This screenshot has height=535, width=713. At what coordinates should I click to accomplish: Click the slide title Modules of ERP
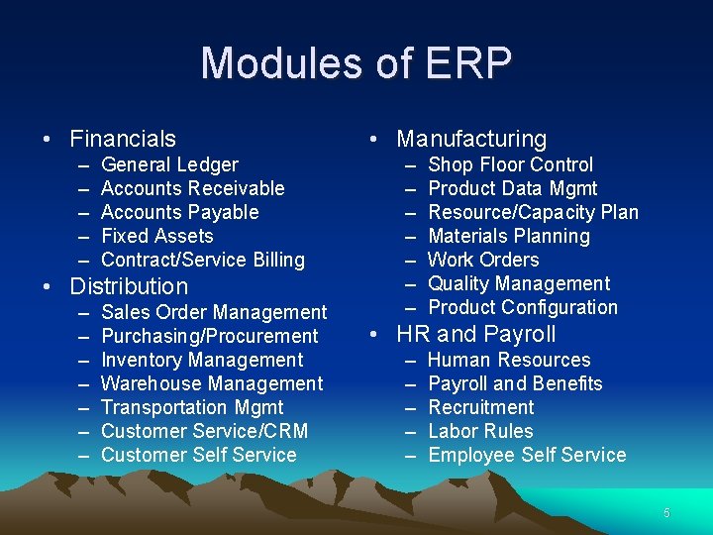coord(356,63)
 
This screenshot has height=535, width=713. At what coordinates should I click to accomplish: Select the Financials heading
coord(123,139)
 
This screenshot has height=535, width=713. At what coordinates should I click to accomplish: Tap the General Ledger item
coord(169,164)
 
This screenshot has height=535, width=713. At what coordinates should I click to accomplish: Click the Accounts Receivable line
coord(192,188)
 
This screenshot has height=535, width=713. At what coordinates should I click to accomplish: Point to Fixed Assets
coord(156,236)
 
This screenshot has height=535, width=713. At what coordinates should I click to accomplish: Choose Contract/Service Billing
coord(203,260)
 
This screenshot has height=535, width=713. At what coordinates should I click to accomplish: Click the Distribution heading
coord(128,286)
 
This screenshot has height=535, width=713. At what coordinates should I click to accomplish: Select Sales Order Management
coord(214,312)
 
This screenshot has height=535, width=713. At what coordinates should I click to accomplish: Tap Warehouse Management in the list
coord(212,383)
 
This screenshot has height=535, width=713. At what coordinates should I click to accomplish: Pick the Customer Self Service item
coord(198,455)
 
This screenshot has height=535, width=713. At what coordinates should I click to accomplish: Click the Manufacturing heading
coord(471,139)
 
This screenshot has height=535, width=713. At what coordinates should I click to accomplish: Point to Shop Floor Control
coord(510,164)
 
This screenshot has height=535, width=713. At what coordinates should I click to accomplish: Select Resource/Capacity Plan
coord(533,212)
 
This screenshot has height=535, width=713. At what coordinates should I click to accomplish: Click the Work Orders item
coord(483,260)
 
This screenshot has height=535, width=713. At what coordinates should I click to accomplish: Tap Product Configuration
coord(522,307)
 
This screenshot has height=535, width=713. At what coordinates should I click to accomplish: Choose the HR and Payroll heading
coord(476,334)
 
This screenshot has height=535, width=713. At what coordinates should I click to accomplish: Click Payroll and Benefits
coord(515,383)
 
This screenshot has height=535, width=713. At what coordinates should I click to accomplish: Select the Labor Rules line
coord(480,431)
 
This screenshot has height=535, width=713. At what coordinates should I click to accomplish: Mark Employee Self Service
coord(527,455)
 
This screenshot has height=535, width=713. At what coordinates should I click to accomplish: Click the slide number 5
coord(666,513)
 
